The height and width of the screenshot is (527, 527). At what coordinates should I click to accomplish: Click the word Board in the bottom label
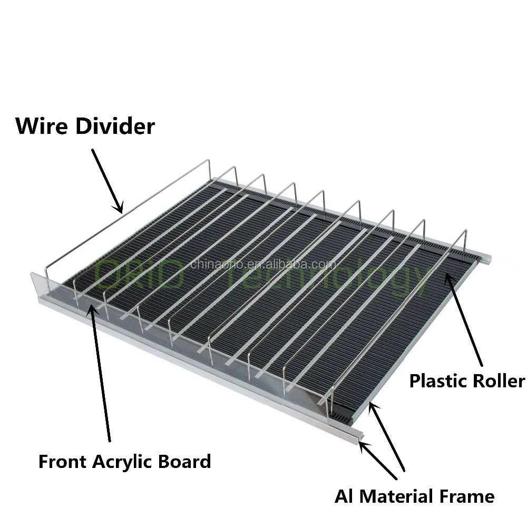point(186,462)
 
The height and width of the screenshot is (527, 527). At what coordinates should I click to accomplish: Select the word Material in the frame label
point(398,496)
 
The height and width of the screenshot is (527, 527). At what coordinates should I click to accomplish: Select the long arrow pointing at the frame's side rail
point(387,435)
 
